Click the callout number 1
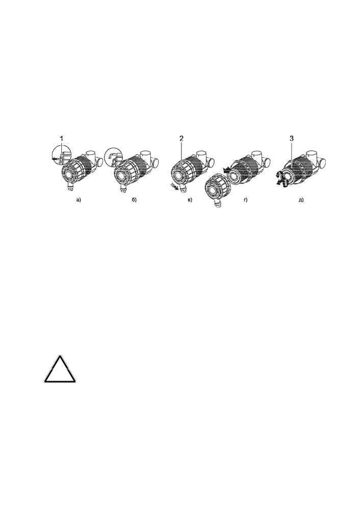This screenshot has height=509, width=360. pos(61,139)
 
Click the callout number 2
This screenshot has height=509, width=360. pos(182,139)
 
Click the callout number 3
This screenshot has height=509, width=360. pos(292,139)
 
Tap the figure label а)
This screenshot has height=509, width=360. pos(79,200)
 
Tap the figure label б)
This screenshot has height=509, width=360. pos(134,200)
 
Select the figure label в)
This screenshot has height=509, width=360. pos(190,200)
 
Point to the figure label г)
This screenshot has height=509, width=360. pos(246,200)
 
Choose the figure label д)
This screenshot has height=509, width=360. pos(301,200)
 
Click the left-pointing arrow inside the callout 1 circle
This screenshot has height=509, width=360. pos(56,159)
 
